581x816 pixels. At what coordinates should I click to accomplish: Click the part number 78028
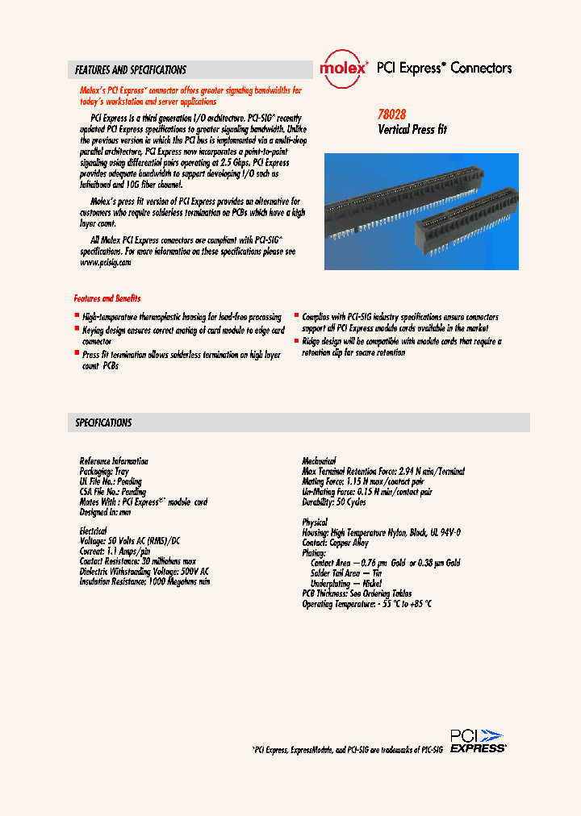pos(393,115)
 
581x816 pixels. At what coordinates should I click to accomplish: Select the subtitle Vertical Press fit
pos(412,129)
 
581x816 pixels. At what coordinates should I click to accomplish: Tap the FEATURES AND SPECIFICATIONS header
pos(131,70)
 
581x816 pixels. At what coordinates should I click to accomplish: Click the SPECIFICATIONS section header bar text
pos(103,423)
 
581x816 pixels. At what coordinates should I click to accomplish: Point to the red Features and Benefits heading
pos(107,298)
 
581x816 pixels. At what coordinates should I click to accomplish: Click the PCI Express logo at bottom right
pos(478,741)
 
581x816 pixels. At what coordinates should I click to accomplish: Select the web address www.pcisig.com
pos(105,262)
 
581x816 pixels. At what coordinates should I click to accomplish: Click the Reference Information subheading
pos(114,461)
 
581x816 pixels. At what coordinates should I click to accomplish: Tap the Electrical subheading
pos(93,531)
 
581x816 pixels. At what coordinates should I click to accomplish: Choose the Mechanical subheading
pos(319,461)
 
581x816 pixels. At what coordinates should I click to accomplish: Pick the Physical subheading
pos(315,522)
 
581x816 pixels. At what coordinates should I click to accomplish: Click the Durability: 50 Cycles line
pos(334,502)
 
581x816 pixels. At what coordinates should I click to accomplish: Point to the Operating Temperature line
pos(366,603)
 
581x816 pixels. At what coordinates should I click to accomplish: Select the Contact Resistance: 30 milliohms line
pos(137,561)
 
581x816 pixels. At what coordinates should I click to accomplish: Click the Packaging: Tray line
pos(104,471)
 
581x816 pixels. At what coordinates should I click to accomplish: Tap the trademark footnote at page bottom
pos(348,750)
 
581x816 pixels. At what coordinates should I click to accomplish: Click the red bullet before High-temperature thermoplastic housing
pos(77,317)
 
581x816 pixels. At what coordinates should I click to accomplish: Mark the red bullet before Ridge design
pos(296,341)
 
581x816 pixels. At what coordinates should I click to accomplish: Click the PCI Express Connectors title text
pos(445,69)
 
